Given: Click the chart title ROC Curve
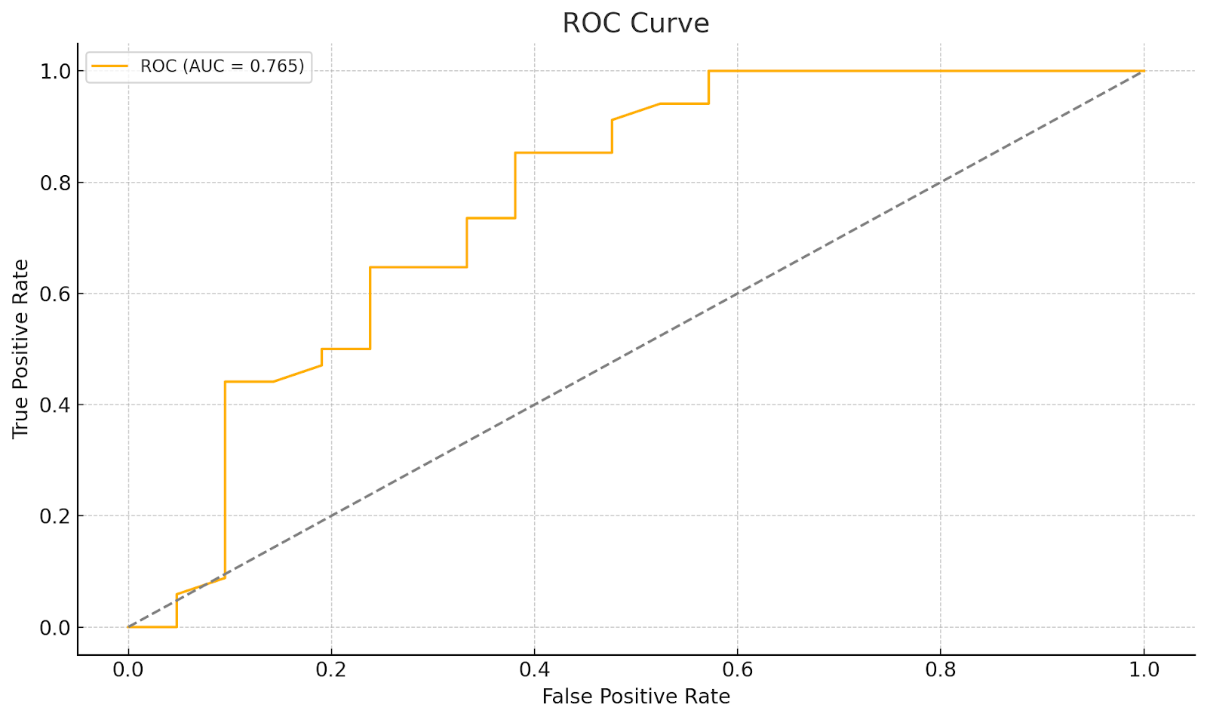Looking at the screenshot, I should pos(635,23).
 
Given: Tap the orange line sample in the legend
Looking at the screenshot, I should pos(110,66).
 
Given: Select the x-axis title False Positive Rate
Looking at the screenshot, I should pos(635,697).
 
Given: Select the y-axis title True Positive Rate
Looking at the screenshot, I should pos(21,349).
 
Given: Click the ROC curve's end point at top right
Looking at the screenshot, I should pos(1144,71).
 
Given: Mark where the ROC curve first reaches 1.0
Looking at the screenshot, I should pos(708,71).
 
